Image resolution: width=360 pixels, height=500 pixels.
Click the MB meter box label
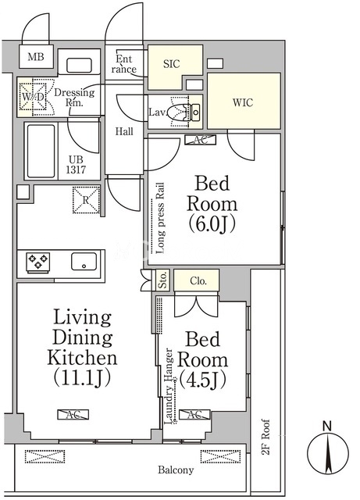(x=36, y=57)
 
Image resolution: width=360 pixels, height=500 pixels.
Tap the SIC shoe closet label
(x=172, y=64)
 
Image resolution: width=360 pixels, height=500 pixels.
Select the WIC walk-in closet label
(x=243, y=102)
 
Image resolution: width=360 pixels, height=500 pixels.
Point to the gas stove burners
(x=38, y=262)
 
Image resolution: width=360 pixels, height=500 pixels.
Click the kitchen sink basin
(x=84, y=262)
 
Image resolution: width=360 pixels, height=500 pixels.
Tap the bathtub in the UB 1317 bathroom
(x=41, y=151)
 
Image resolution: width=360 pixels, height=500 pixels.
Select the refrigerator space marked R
(x=86, y=200)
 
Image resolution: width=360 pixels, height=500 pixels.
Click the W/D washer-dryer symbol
(x=33, y=97)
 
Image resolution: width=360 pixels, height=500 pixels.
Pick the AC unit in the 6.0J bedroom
(x=201, y=140)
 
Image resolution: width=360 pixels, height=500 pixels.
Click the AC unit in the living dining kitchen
(x=73, y=414)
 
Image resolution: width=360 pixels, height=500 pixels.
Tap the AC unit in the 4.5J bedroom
(x=194, y=414)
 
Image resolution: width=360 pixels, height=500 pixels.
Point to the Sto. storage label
(x=163, y=280)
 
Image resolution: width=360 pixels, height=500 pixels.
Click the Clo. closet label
(x=198, y=280)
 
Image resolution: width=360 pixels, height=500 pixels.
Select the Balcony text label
(x=176, y=470)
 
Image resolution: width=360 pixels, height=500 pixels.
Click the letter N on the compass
(x=327, y=426)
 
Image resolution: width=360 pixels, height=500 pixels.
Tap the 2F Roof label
(x=266, y=437)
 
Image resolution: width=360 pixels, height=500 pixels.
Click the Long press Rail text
(x=160, y=218)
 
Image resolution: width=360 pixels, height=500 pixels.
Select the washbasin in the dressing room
(x=79, y=66)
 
